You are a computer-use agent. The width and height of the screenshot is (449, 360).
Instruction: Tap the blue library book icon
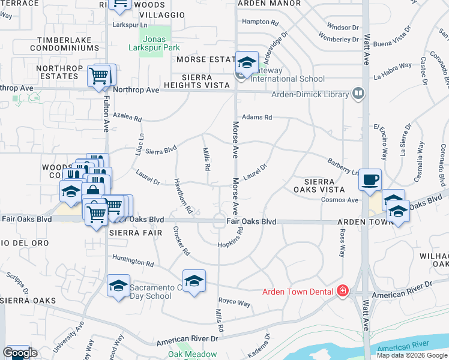click(x=358, y=94)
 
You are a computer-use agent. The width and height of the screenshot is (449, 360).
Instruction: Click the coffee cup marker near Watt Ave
click(x=370, y=180)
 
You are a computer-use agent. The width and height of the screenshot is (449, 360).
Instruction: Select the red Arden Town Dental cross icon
click(x=343, y=292)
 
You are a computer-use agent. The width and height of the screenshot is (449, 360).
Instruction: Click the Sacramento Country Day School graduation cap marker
click(x=119, y=286)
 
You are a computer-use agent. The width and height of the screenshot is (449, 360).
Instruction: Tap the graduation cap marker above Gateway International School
click(x=246, y=62)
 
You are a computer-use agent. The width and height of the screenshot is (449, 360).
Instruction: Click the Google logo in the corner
click(x=20, y=353)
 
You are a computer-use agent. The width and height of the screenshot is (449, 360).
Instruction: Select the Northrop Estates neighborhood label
click(x=58, y=73)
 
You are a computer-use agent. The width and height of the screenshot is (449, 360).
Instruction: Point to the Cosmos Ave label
click(x=340, y=200)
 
